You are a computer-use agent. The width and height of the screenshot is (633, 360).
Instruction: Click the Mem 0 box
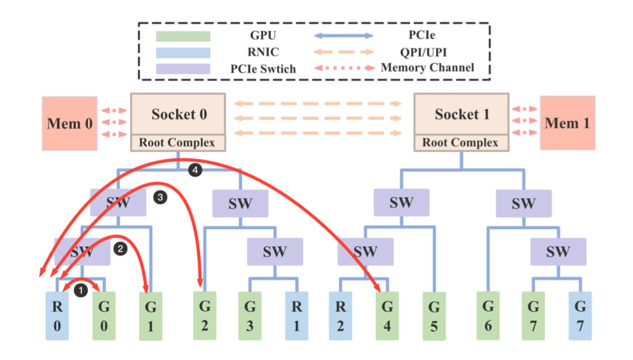coord(69,123)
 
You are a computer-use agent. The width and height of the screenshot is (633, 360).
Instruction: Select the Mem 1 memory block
coord(567,123)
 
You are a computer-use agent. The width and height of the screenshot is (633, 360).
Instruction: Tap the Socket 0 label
coord(179,114)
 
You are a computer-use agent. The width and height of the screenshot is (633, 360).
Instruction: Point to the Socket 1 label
coord(461,114)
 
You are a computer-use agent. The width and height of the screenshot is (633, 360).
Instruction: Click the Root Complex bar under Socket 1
coord(461,142)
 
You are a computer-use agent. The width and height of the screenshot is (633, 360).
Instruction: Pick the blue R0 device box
coord(57,316)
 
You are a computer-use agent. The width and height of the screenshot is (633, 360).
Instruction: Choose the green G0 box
coord(104,316)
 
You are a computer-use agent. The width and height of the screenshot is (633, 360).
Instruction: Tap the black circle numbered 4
coord(195,171)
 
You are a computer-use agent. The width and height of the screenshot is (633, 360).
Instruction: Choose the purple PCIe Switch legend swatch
coord(183,68)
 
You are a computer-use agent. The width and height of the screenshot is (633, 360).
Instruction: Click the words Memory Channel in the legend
coord(427,67)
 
